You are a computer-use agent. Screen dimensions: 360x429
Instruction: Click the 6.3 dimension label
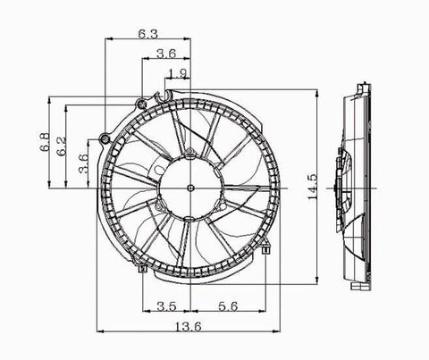point(149,33)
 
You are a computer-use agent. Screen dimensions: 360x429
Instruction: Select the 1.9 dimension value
point(177,73)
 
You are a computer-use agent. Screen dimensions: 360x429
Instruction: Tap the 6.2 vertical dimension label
point(63,145)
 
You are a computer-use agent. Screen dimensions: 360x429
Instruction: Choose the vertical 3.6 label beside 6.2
point(83,163)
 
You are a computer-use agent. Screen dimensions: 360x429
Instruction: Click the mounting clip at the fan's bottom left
point(143,266)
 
